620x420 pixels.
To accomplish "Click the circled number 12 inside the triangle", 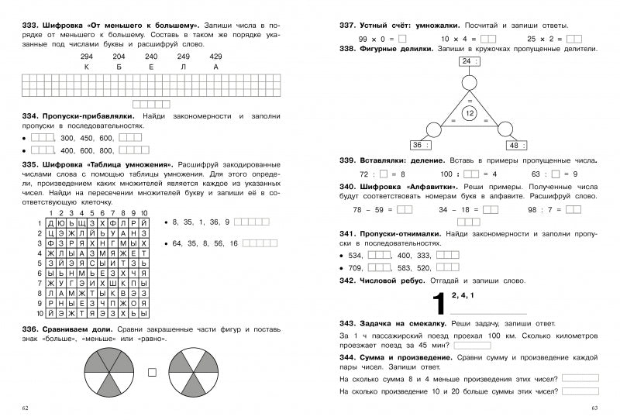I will click(469, 114).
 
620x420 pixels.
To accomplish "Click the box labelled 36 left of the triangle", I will click(420, 145).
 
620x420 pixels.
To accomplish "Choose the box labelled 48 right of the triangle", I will click(515, 145).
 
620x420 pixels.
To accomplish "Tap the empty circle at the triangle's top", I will click(469, 82).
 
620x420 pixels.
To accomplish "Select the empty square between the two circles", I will click(152, 370).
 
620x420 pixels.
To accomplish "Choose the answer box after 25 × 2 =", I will click(574, 38).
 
